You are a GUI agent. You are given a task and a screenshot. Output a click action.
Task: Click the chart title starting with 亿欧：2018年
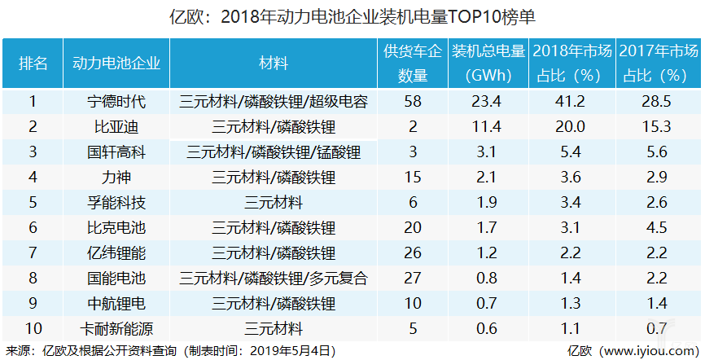click(x=352, y=16)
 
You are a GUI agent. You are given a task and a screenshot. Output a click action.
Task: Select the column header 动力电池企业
click(x=116, y=63)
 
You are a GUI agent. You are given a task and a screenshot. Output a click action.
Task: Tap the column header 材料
click(x=274, y=63)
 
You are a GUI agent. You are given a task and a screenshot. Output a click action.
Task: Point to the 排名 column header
click(x=33, y=63)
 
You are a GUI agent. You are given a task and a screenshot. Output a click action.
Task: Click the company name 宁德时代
click(x=116, y=103)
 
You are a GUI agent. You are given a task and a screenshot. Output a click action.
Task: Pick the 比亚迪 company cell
click(x=116, y=127)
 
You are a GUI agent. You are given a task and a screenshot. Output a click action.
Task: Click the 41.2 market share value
click(x=570, y=103)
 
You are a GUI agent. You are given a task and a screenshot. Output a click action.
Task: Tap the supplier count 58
click(x=412, y=103)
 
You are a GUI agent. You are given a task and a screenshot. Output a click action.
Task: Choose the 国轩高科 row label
click(x=116, y=152)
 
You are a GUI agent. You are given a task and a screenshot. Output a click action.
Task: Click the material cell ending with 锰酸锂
click(x=274, y=152)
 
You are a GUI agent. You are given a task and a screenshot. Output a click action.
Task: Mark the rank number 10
click(x=33, y=329)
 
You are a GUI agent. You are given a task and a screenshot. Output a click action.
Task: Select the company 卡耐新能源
click(x=116, y=329)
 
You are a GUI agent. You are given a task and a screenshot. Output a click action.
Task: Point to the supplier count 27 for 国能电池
click(x=412, y=279)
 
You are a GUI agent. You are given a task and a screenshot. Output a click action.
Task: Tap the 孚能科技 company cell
click(x=116, y=203)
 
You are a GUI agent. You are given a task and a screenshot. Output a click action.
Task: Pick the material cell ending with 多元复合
click(x=274, y=279)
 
